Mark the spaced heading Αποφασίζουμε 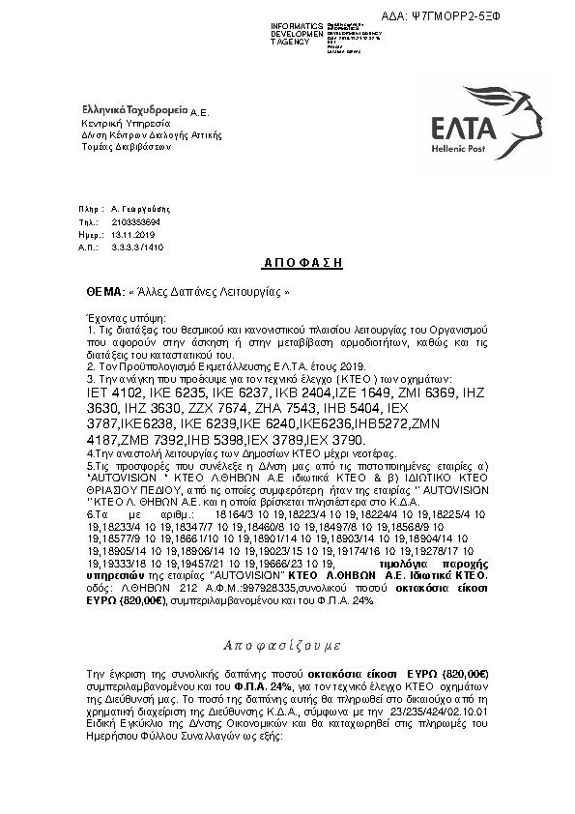pyautogui.click(x=281, y=643)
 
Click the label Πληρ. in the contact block pyautogui.click(x=90, y=209)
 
